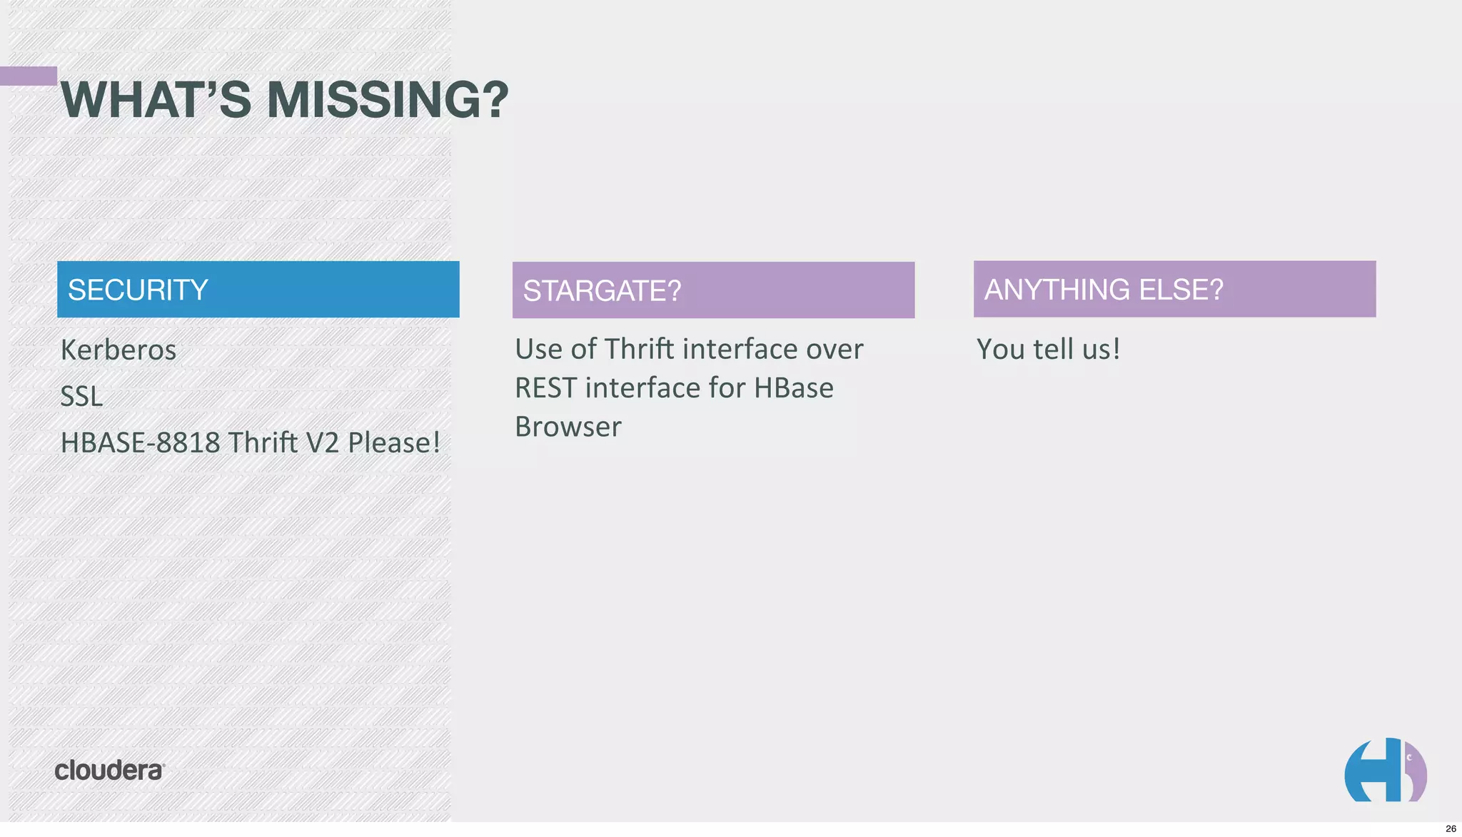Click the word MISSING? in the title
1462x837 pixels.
point(387,100)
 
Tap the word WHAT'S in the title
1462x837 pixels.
point(156,100)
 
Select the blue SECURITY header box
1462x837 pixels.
point(258,289)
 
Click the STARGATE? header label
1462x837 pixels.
point(602,290)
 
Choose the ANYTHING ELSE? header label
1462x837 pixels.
point(1103,290)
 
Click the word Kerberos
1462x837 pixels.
point(119,350)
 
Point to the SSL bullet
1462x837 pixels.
point(81,397)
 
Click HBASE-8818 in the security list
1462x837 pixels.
point(140,443)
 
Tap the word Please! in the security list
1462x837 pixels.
point(393,443)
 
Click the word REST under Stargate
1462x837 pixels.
point(545,388)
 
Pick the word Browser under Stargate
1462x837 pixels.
point(568,427)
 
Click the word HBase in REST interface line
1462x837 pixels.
point(793,388)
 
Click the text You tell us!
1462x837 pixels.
point(1048,349)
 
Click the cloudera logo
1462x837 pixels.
point(109,770)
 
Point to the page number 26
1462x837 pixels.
point(1450,828)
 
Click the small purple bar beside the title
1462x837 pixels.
point(29,76)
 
